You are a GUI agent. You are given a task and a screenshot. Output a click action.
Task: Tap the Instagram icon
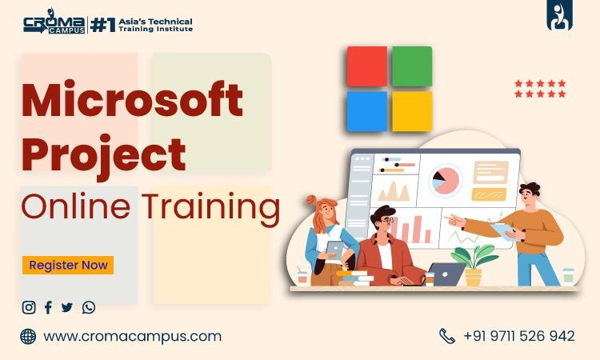coord(29,307)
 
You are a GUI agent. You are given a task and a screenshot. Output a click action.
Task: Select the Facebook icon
coord(48,307)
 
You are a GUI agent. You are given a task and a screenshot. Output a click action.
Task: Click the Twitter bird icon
coord(67,307)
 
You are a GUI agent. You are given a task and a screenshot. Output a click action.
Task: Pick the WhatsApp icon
coord(88,307)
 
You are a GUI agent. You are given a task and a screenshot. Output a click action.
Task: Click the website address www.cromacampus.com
coord(132,336)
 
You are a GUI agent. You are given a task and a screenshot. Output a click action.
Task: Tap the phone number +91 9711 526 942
coord(518,336)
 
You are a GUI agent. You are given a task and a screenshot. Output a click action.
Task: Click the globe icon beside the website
coord(28,336)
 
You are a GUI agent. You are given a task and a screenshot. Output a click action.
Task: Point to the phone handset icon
coord(446,336)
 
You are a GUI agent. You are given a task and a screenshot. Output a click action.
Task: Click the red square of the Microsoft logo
coord(367,66)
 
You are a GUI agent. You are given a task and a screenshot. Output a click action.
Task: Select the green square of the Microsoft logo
coord(412,66)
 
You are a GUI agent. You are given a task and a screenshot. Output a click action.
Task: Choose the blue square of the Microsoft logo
coord(367,110)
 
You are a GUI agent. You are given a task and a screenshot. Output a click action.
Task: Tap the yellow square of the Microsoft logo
coord(412,110)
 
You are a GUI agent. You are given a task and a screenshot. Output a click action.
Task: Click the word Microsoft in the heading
coord(132,102)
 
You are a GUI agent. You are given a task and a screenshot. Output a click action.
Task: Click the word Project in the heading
coord(103,154)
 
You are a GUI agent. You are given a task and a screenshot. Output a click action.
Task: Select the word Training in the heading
coord(211,206)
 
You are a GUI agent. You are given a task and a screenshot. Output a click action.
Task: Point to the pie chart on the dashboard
coord(446,180)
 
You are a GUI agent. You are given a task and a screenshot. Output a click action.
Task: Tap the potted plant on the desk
coord(474,264)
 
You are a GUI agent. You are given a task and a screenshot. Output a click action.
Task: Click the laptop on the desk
coord(446,274)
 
